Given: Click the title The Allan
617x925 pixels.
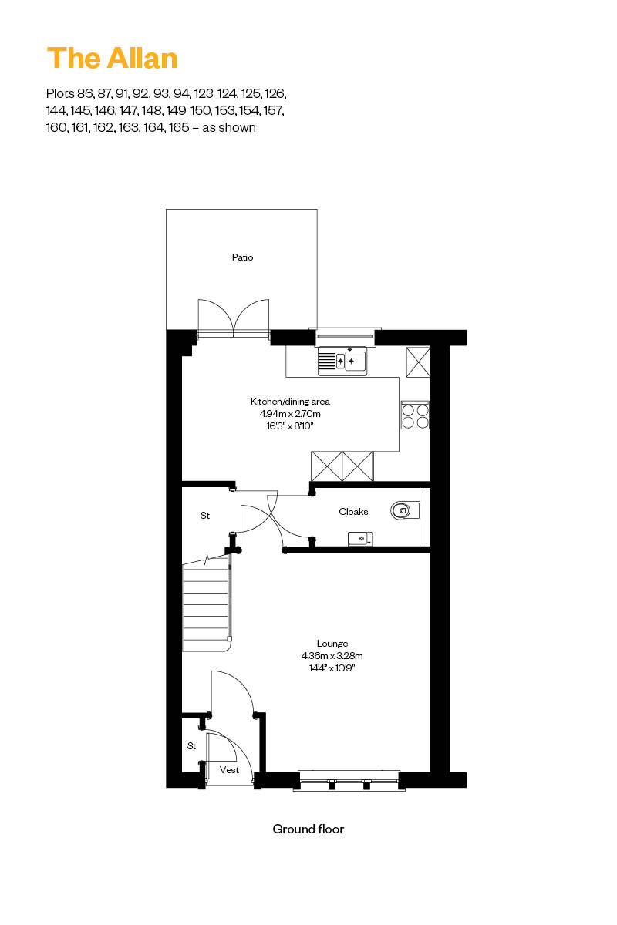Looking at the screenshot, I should [x=113, y=59].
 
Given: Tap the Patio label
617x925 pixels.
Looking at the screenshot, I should [x=242, y=257].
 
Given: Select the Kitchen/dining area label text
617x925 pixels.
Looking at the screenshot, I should [x=290, y=402].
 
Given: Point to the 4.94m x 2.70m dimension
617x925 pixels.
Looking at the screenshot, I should [x=290, y=413].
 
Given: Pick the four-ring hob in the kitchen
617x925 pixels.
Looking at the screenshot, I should [x=415, y=415].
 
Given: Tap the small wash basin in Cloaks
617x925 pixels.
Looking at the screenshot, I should [x=359, y=538].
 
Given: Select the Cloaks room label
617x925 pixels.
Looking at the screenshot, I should [x=353, y=512].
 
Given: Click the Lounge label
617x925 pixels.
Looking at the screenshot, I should [x=332, y=644].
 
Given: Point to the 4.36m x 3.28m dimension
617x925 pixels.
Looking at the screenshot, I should [x=332, y=656].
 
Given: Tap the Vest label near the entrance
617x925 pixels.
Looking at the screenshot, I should [x=229, y=770].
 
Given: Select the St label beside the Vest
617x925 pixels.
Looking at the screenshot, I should [x=191, y=746].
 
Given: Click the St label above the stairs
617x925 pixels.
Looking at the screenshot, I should [x=205, y=515].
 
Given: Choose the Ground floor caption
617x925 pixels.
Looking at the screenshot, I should [x=308, y=829].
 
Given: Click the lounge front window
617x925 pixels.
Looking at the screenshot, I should [x=349, y=779].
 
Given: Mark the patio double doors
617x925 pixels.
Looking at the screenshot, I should [x=234, y=318].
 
